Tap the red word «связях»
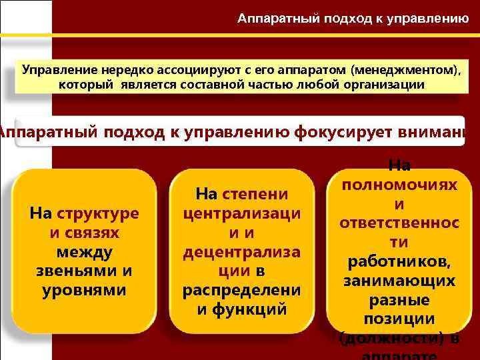tap(93, 233)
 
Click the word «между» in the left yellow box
tap(85, 252)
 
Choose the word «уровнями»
tap(85, 291)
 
